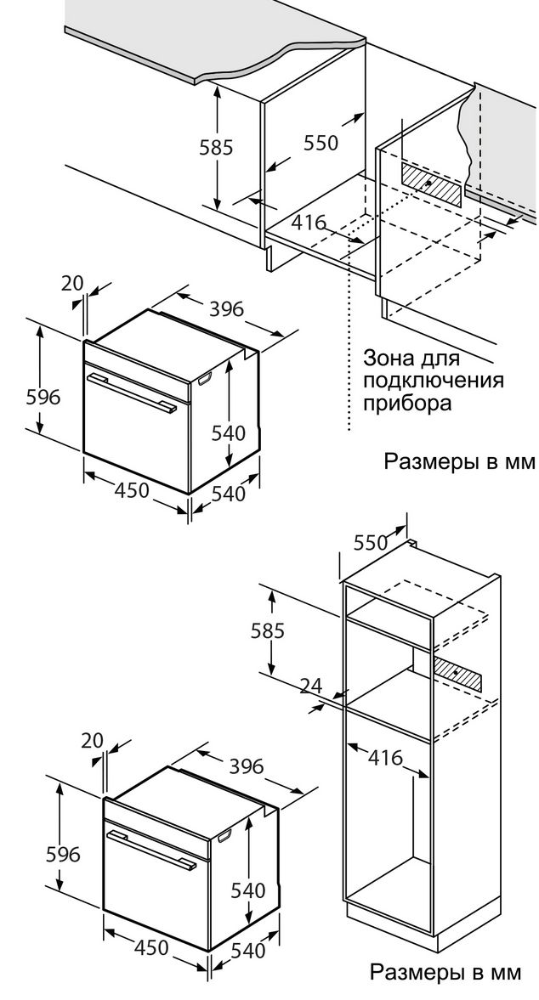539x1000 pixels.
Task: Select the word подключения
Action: click(x=433, y=380)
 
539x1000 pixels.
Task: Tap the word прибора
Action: click(x=406, y=403)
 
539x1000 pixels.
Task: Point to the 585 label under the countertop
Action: click(x=216, y=147)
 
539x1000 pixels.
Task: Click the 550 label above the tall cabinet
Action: click(x=370, y=543)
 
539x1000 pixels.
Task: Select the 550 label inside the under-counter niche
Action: click(x=321, y=143)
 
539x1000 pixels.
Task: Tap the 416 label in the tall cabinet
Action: click(x=385, y=758)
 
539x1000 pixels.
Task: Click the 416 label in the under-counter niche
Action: click(x=309, y=223)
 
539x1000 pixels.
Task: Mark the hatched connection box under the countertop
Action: click(x=433, y=184)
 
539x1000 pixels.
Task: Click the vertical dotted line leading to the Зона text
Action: click(x=349, y=357)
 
